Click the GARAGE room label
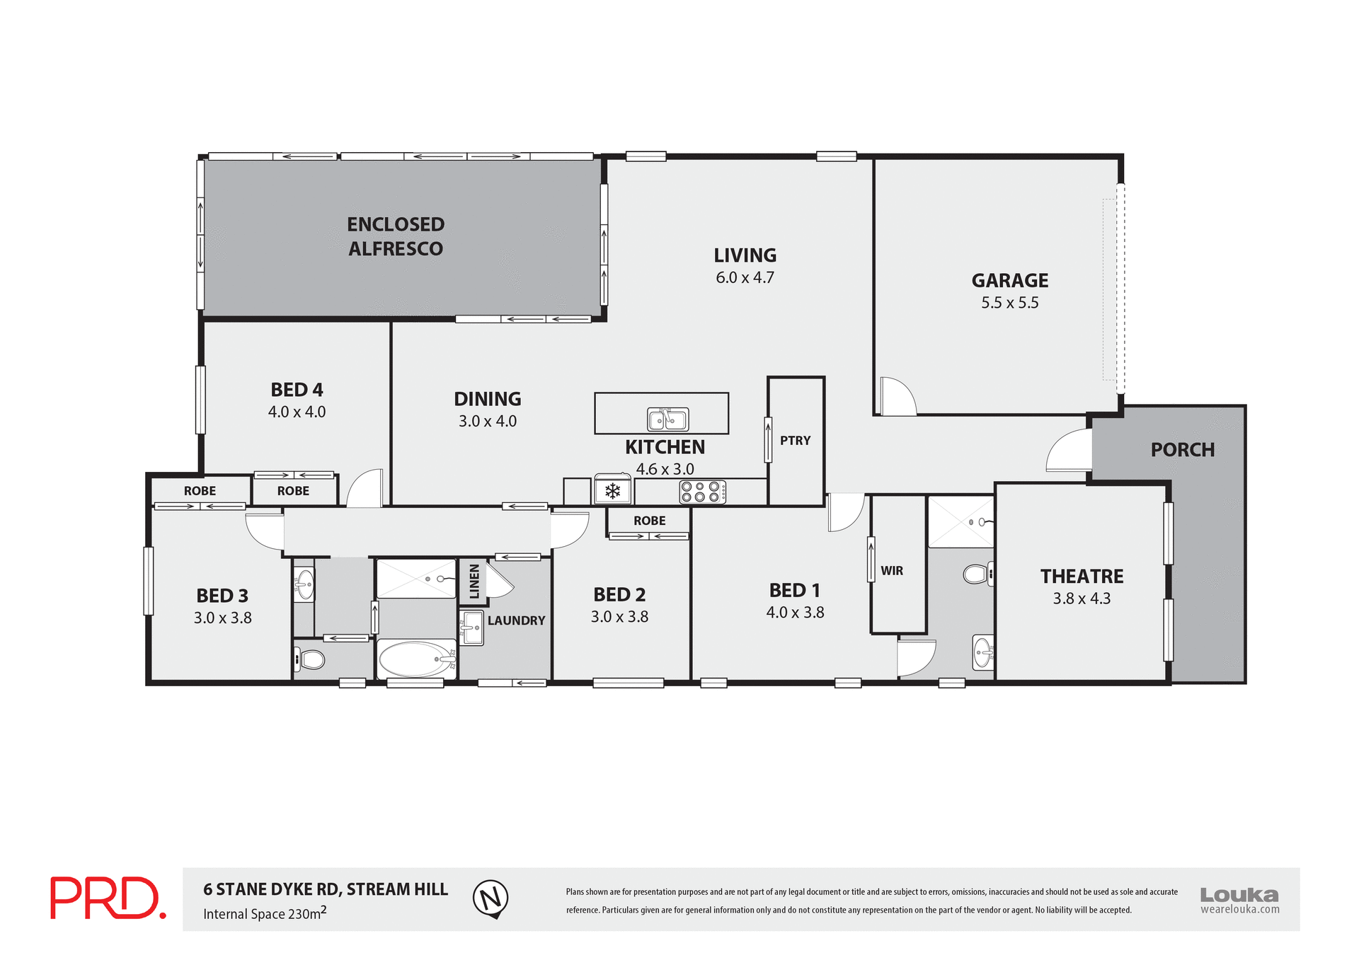coord(1009,280)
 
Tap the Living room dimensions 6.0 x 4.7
coord(745,277)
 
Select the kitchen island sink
coord(668,420)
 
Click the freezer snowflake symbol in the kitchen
coord(612,490)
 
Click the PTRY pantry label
coord(795,441)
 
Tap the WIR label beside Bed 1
coord(891,571)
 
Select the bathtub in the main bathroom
coord(416,659)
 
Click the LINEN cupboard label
coord(474,582)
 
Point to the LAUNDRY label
coord(516,620)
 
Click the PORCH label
coord(1182,450)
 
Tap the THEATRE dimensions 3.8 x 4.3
coord(1081,598)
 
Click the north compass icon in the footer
coord(491,898)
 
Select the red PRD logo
coord(108,898)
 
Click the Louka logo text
coord(1239,895)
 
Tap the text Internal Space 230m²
coord(265,913)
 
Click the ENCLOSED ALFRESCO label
coord(396,236)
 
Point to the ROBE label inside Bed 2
coord(649,521)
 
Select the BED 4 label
coord(297,390)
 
